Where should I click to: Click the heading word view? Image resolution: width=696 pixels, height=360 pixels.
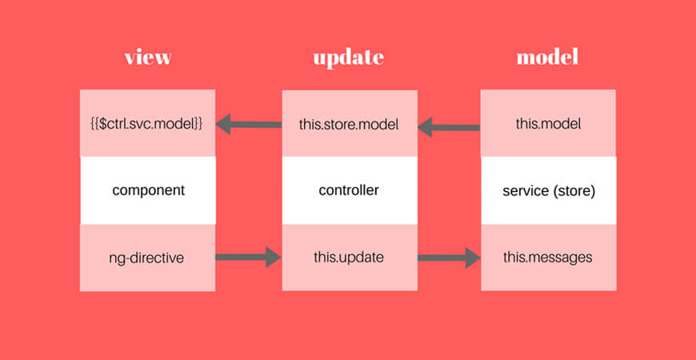tap(148, 58)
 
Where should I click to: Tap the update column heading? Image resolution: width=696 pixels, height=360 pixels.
tap(349, 58)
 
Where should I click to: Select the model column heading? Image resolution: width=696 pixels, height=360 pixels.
tap(547, 58)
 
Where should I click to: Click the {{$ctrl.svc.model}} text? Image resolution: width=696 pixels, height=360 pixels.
tap(146, 124)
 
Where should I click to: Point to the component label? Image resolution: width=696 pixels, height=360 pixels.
tap(148, 191)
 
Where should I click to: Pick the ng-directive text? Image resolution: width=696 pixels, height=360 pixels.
tap(146, 258)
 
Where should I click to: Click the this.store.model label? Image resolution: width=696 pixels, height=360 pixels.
tap(349, 125)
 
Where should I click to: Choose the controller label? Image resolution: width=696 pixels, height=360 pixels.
tap(349, 190)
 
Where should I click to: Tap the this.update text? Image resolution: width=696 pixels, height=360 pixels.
tap(349, 258)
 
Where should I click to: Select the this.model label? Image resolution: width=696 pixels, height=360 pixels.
tap(548, 124)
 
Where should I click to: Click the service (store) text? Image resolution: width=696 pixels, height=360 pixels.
tap(549, 191)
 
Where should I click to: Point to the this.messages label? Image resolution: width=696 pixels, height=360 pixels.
tap(548, 258)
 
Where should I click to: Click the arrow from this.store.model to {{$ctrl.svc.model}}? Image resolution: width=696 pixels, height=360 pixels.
tap(249, 124)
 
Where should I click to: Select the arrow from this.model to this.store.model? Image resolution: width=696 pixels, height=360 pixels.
tap(449, 127)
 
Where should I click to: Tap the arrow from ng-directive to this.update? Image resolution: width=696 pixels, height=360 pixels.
tap(248, 257)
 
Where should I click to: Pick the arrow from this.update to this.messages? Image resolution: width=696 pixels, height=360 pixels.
tap(449, 258)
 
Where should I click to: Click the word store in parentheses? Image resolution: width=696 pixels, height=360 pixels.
tap(576, 191)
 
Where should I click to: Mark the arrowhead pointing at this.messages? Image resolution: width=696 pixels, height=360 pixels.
tap(472, 258)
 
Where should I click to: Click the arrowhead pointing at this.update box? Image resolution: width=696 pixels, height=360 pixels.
tap(274, 257)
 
